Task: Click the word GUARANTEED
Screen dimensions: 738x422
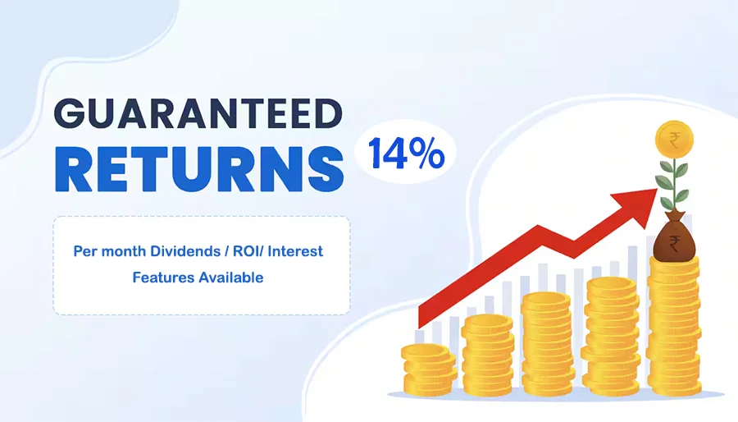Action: pyautogui.click(x=198, y=113)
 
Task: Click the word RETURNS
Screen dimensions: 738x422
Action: pyautogui.click(x=199, y=169)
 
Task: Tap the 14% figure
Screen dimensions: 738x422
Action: pyautogui.click(x=406, y=153)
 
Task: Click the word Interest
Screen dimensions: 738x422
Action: pyautogui.click(x=295, y=251)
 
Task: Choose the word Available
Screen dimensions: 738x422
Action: pyautogui.click(x=230, y=278)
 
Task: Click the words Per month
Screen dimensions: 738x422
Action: pyautogui.click(x=109, y=251)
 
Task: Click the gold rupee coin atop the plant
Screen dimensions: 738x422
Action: pyautogui.click(x=674, y=140)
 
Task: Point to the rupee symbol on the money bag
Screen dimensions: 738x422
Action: pyautogui.click(x=674, y=243)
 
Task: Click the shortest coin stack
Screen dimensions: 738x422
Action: pyautogui.click(x=428, y=369)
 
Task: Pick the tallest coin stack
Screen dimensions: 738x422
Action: pyautogui.click(x=674, y=325)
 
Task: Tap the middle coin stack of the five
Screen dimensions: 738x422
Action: pyautogui.click(x=548, y=344)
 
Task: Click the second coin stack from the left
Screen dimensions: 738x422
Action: pyautogui.click(x=488, y=355)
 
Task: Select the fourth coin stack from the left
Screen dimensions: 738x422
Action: pyautogui.click(x=610, y=336)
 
